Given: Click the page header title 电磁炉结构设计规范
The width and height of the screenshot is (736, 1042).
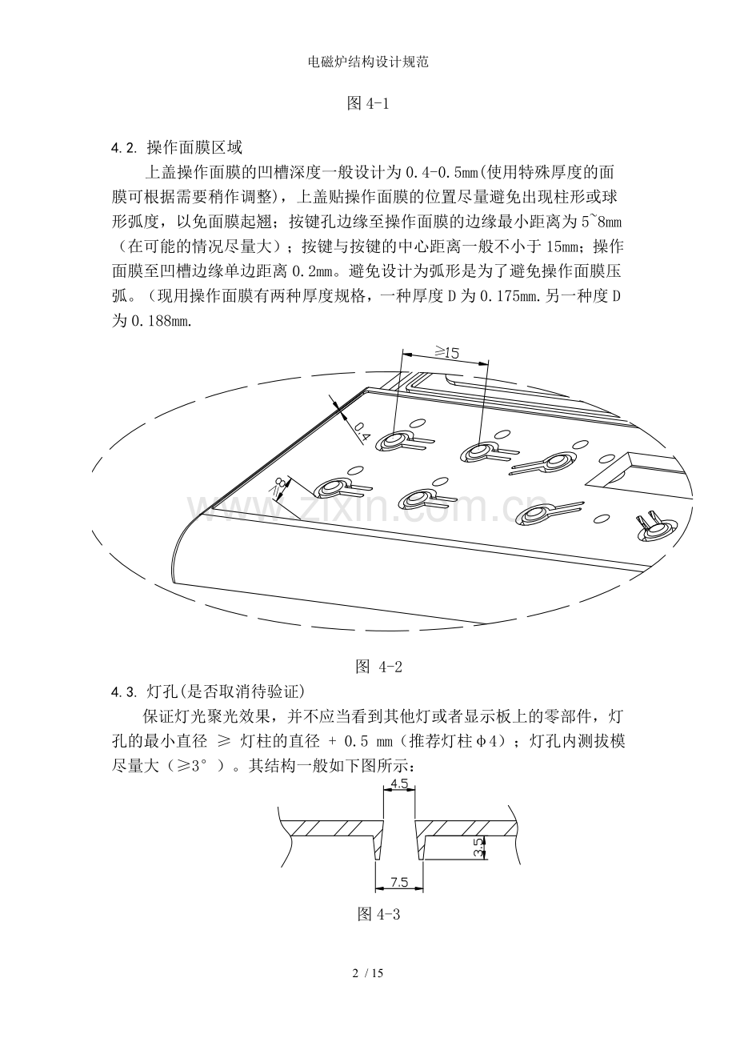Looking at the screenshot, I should (x=368, y=62).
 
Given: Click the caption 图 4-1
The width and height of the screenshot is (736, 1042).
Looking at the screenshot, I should (x=368, y=103).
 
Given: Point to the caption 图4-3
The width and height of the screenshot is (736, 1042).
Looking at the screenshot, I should (x=378, y=914).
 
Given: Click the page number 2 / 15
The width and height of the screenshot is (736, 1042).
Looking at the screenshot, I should (x=368, y=973).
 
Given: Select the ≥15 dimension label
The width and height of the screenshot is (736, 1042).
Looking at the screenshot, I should (x=446, y=351).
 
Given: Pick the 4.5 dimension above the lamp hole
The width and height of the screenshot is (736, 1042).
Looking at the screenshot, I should (x=399, y=782).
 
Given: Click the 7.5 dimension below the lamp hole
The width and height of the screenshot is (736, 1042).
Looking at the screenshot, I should (x=398, y=883).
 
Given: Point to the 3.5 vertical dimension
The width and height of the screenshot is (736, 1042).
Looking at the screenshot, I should (x=478, y=848).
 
